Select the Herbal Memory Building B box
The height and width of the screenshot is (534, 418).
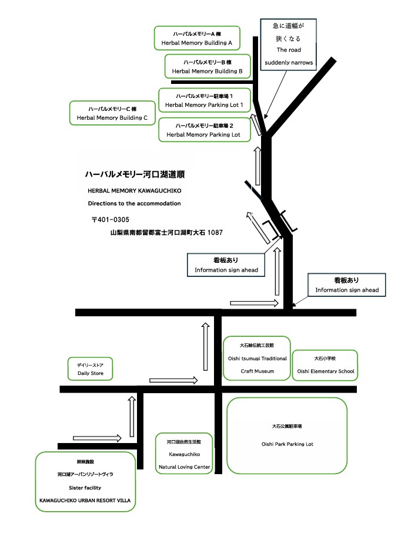point(207,66)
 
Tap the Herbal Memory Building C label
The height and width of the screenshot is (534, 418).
point(112,113)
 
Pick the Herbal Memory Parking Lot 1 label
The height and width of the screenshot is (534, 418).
point(204,100)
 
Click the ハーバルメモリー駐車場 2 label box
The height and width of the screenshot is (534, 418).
point(204,130)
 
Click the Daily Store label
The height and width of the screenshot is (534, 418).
point(90,369)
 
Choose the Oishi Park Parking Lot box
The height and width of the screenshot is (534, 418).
point(287,435)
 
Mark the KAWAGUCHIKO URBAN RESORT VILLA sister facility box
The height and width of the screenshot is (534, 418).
point(85,481)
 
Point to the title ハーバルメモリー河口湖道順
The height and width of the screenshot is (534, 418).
point(135,174)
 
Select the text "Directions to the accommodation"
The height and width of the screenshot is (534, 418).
point(134,204)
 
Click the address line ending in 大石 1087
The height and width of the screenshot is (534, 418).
point(166,233)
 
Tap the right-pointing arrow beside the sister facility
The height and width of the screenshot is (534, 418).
point(97,438)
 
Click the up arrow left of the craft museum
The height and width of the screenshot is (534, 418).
point(205,347)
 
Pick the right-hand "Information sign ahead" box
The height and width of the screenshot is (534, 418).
point(347,286)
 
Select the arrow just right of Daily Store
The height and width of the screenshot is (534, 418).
point(173,380)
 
